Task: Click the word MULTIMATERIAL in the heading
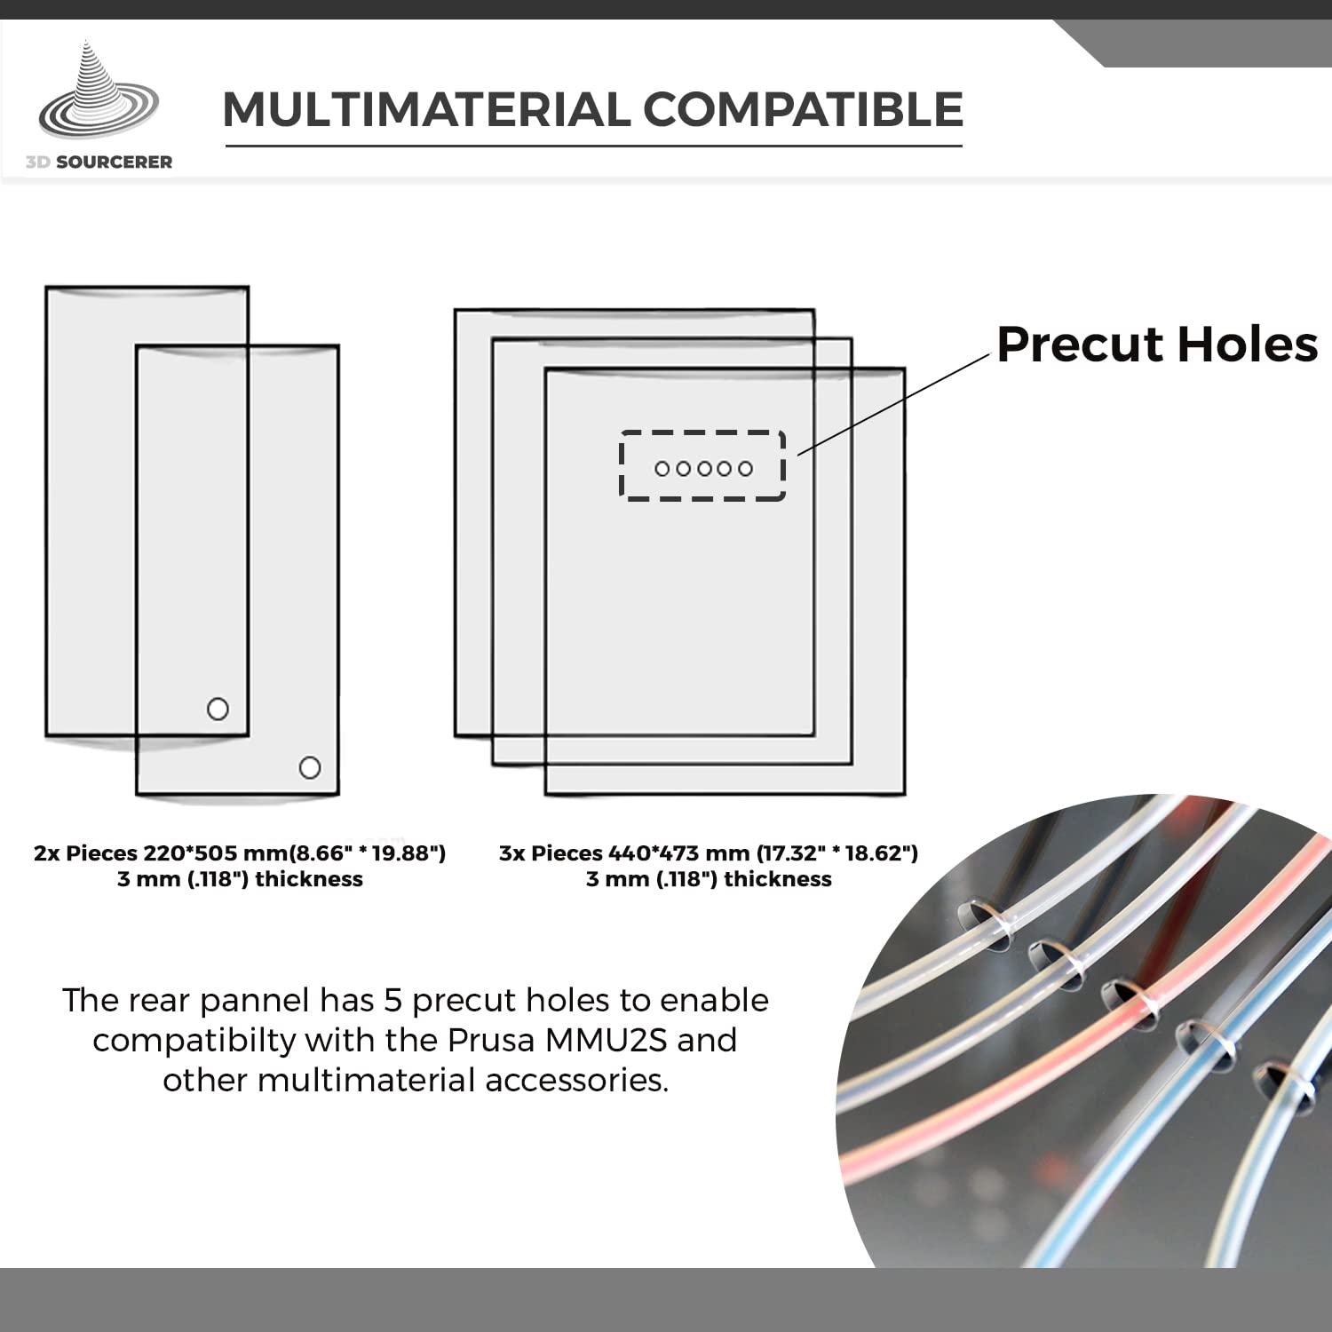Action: click(426, 110)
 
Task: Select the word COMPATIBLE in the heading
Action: click(804, 110)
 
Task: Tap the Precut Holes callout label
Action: click(1157, 345)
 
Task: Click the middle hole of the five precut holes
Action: click(704, 468)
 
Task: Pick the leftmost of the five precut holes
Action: click(662, 468)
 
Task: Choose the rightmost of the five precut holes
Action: click(746, 468)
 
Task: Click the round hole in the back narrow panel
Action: click(218, 709)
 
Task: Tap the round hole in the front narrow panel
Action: click(310, 767)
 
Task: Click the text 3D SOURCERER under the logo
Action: click(99, 162)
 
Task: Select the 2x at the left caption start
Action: click(47, 853)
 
